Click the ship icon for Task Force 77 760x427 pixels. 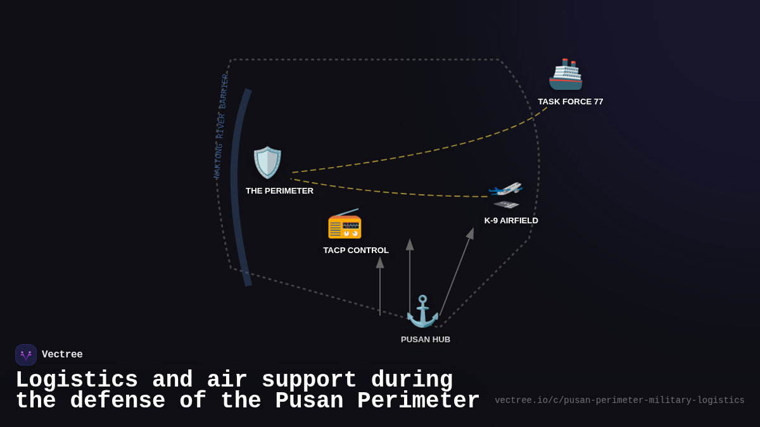click(x=565, y=75)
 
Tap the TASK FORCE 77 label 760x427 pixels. click(x=570, y=102)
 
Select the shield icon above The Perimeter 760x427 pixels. click(x=267, y=163)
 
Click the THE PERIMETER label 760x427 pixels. click(x=279, y=191)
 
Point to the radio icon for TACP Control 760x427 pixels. click(x=345, y=224)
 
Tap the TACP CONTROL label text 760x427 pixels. click(x=356, y=251)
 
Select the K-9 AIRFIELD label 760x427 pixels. click(x=511, y=221)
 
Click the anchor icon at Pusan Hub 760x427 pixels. click(x=422, y=311)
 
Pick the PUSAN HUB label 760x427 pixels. click(x=426, y=340)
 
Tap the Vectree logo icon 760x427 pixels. click(x=26, y=355)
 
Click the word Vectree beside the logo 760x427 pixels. click(x=62, y=355)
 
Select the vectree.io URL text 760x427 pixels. click(x=619, y=400)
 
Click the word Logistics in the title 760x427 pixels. click(x=77, y=380)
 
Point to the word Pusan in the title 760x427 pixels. click(x=309, y=401)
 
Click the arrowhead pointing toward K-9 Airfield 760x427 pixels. click(x=471, y=233)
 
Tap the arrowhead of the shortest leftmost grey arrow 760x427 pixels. click(x=380, y=262)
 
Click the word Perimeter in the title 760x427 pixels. click(x=419, y=401)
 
